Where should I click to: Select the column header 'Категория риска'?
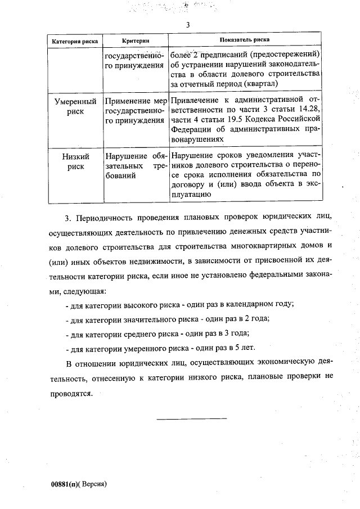click(x=75, y=41)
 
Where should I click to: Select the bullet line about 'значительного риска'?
click(x=167, y=319)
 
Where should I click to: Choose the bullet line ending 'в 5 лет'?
click(x=160, y=348)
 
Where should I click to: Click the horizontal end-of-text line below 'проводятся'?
click(x=191, y=418)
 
